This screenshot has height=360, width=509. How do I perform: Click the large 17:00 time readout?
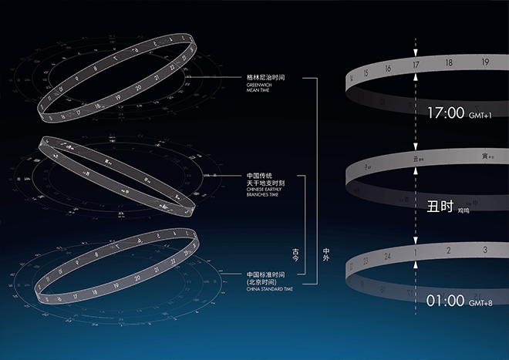pyautogui.click(x=446, y=113)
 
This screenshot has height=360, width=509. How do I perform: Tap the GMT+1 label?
pyautogui.click(x=479, y=116)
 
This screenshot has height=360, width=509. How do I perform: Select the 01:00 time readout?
pyautogui.click(x=446, y=300)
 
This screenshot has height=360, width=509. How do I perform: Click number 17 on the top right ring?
pyautogui.click(x=416, y=66)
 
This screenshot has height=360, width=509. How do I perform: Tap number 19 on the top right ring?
pyautogui.click(x=484, y=62)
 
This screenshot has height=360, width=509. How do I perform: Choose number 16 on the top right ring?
pyautogui.click(x=388, y=69)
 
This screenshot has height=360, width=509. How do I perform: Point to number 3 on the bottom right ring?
pyautogui.click(x=484, y=249)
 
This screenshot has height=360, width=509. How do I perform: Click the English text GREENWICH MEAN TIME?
pyautogui.click(x=258, y=89)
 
